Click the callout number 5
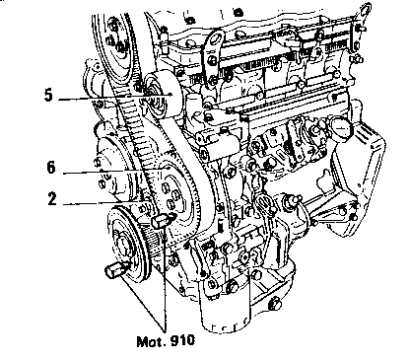pos(48,95)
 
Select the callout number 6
pos(51,168)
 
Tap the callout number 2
pos(52,199)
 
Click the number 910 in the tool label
pos(182,340)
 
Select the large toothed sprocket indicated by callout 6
pos(179,197)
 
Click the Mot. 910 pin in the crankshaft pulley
pos(116,268)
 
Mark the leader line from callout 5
pos(115,97)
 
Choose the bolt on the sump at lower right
pos(275,304)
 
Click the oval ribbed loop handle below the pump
pos(265,206)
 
